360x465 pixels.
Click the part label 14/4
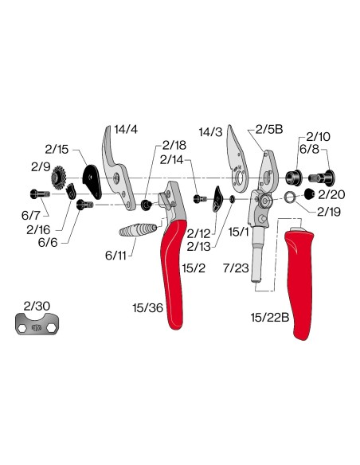click(x=126, y=130)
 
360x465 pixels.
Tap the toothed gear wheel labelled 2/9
click(x=58, y=178)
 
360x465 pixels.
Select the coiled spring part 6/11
click(x=138, y=229)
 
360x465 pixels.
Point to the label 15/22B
click(x=270, y=318)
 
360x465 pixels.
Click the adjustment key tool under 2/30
click(x=37, y=324)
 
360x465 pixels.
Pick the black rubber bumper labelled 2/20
click(x=310, y=193)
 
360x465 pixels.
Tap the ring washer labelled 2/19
click(x=289, y=197)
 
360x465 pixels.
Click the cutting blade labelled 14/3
click(x=237, y=159)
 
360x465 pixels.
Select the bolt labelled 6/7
click(x=40, y=194)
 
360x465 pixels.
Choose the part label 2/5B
click(x=269, y=129)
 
